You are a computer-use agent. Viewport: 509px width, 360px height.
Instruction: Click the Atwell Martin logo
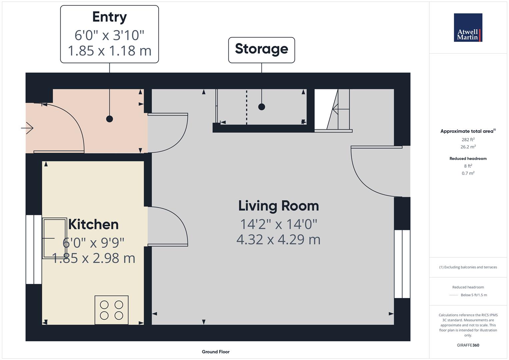[468, 28]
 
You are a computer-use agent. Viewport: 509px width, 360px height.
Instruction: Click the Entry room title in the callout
[109, 17]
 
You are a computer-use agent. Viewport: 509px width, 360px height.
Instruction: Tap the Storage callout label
[261, 49]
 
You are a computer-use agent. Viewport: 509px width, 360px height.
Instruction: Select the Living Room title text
[278, 206]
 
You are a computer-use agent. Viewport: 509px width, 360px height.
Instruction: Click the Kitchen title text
[93, 224]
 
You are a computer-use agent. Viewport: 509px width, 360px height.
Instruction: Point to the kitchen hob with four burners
[111, 310]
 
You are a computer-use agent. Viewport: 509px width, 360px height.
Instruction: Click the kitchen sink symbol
[54, 238]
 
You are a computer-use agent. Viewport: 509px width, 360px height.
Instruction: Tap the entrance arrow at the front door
[28, 128]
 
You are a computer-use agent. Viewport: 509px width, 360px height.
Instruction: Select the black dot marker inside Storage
[262, 107]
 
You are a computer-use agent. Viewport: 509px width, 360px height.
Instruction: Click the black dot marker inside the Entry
[109, 119]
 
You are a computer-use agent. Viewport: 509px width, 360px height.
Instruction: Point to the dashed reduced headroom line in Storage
[247, 107]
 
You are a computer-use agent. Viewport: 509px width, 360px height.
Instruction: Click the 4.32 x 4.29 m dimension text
[278, 240]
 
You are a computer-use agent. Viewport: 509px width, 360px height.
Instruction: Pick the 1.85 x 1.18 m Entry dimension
[109, 51]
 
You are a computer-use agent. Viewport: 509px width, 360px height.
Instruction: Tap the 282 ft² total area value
[468, 140]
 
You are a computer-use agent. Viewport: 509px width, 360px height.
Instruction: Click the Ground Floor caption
[216, 352]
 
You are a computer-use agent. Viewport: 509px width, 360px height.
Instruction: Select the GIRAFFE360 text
[468, 345]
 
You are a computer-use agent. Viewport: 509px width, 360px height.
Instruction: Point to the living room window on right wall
[402, 264]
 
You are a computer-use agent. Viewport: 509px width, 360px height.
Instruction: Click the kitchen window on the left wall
[34, 249]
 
